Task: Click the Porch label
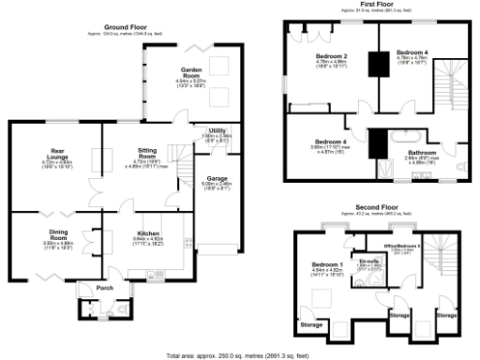coord(89,287)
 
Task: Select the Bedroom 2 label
coord(331,58)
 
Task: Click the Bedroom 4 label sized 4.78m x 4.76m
coord(412,52)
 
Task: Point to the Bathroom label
coord(422,152)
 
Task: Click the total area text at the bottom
coord(237,355)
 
